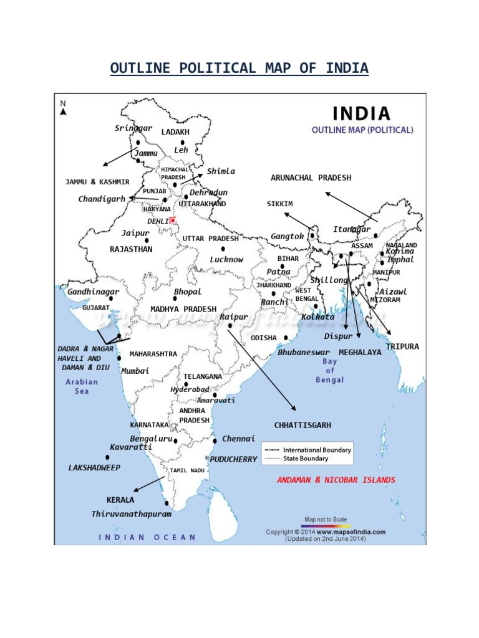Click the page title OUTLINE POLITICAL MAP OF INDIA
239,68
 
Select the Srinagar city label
133,128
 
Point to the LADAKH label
175,132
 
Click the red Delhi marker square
173,220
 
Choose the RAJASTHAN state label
131,249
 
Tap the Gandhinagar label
94,292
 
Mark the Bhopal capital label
188,292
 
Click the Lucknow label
226,259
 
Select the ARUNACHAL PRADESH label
311,178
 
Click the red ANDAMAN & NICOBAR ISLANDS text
336,480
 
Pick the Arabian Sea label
82,386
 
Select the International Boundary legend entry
316,450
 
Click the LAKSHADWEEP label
94,467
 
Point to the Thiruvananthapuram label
131,515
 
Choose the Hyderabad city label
190,389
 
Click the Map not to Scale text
326,519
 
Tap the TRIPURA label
402,346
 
